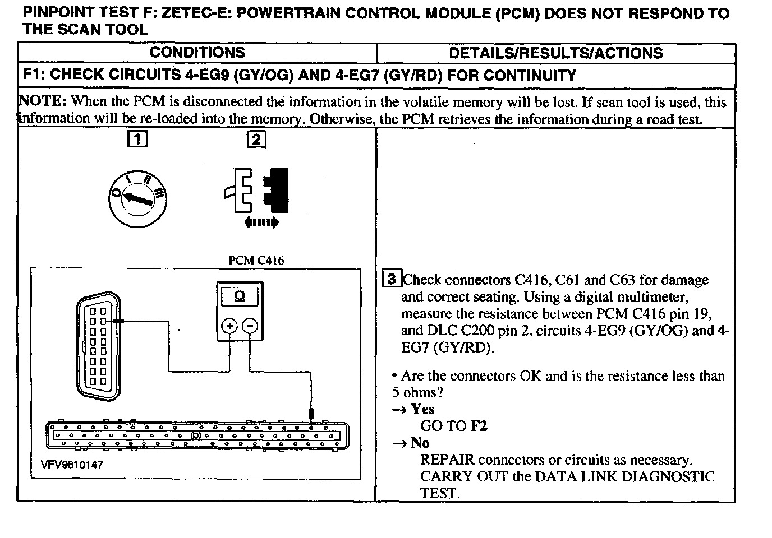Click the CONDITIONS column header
[x=197, y=53]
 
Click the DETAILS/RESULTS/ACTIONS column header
[x=555, y=53]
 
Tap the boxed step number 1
[x=137, y=138]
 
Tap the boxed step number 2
[x=256, y=139]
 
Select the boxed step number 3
[x=392, y=279]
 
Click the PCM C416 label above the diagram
[x=256, y=261]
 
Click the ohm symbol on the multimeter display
[x=239, y=296]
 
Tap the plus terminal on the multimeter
[x=229, y=326]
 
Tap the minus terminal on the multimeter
[x=250, y=326]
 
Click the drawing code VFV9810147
[x=72, y=465]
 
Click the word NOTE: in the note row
[x=43, y=102]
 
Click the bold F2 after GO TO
[x=479, y=426]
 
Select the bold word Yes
[x=422, y=409]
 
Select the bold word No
[x=420, y=443]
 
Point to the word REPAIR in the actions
[x=447, y=460]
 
